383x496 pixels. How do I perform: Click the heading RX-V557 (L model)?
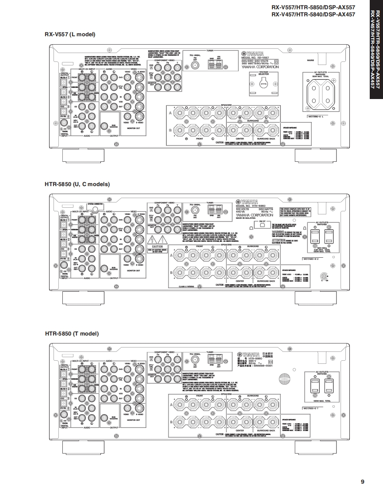click(69, 34)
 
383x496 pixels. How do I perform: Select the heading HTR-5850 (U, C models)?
click(77, 184)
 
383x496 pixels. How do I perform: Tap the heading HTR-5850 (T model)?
click(72, 334)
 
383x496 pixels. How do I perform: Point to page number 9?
click(363, 482)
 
